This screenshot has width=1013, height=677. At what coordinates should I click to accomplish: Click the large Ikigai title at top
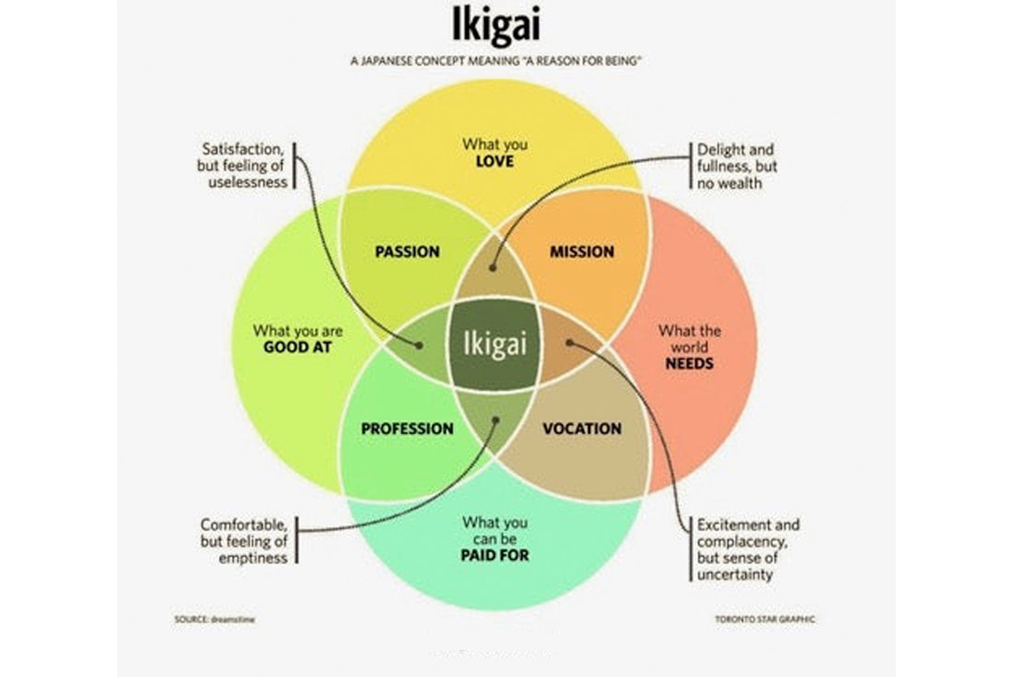click(496, 25)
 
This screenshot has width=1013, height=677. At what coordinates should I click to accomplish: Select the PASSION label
click(407, 251)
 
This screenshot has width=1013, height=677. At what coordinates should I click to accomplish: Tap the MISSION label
click(582, 251)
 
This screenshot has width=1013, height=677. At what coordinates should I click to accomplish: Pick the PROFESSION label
click(407, 428)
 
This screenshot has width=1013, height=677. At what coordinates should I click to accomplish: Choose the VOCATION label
click(582, 428)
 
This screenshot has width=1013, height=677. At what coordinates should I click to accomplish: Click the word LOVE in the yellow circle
click(495, 162)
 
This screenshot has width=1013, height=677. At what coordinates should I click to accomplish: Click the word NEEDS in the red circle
click(690, 363)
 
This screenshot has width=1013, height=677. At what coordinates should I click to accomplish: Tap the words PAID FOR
click(495, 555)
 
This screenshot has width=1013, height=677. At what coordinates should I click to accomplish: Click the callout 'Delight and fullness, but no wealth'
click(736, 166)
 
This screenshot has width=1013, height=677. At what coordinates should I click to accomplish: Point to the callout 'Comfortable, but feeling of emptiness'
click(244, 541)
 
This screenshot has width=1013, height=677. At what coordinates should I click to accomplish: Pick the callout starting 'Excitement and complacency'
click(748, 549)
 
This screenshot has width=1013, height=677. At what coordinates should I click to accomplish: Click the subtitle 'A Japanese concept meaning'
click(495, 61)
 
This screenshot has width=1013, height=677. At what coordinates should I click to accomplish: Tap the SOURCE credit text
click(214, 619)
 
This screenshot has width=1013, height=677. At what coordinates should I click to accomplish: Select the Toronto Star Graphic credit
click(764, 619)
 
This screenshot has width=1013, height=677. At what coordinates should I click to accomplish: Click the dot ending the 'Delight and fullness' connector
click(494, 268)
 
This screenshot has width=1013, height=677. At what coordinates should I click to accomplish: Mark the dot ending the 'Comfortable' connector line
click(495, 421)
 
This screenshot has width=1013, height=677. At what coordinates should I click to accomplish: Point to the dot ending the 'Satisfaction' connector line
click(420, 346)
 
